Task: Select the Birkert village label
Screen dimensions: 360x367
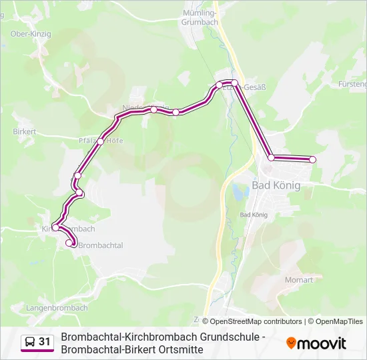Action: [x=24, y=132]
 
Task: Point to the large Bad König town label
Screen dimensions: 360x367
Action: [x=276, y=185]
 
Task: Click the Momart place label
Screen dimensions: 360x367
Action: [x=298, y=280]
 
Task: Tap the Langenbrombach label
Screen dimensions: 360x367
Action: [x=57, y=308]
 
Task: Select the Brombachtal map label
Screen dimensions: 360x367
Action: [x=101, y=246]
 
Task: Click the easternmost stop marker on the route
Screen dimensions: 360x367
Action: [x=312, y=159]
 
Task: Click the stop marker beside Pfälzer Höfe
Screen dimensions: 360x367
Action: [x=101, y=141]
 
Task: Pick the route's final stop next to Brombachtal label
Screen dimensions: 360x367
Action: [x=69, y=243]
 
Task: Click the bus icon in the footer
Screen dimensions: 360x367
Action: [x=29, y=343]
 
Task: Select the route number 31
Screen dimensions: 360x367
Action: [x=45, y=342]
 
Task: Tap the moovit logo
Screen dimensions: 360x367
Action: [x=316, y=343]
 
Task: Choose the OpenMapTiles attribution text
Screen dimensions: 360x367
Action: [x=340, y=321]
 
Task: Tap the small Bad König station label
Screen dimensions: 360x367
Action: [x=253, y=215]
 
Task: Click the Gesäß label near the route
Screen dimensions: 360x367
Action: [x=254, y=87]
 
